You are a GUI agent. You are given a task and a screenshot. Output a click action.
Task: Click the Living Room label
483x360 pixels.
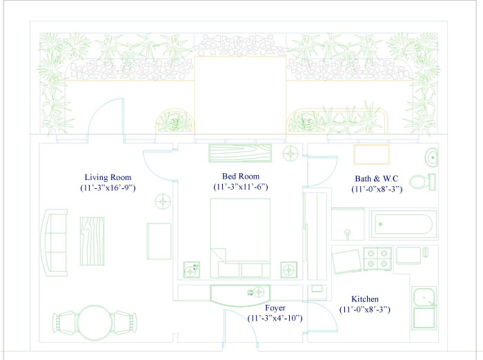[108, 177]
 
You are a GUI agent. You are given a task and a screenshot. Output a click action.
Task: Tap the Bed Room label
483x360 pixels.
[241, 177]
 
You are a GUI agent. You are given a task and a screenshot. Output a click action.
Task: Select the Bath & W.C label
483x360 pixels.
[377, 179]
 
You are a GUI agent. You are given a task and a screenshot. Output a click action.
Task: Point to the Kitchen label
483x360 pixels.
[365, 299]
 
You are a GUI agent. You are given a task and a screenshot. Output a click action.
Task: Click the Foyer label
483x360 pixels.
[275, 308]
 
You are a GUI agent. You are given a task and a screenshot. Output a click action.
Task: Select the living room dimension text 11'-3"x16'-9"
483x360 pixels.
[108, 188]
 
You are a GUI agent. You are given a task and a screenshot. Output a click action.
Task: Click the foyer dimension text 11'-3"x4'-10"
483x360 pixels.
[275, 318]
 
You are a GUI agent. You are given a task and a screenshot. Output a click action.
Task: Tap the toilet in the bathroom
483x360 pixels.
[422, 181]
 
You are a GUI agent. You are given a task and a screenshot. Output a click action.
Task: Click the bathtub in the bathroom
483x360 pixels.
[404, 224]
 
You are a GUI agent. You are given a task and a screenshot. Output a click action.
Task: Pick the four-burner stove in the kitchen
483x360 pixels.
[377, 259]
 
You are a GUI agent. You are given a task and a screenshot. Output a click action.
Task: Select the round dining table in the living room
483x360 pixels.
[95, 323]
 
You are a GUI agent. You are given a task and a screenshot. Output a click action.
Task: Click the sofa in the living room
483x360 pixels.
[56, 243]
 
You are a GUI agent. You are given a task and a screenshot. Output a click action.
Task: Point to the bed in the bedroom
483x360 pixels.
[240, 239]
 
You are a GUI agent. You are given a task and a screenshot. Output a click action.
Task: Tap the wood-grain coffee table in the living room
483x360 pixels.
[92, 241]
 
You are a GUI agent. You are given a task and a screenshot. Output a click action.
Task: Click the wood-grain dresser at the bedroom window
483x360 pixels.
[240, 153]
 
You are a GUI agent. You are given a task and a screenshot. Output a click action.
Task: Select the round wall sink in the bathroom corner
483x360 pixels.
[431, 158]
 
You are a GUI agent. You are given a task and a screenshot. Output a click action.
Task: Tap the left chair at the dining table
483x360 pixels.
[65, 323]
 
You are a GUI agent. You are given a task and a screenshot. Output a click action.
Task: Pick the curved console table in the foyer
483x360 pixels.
[240, 296]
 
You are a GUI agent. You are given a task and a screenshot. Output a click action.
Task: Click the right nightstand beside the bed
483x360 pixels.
[289, 270]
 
